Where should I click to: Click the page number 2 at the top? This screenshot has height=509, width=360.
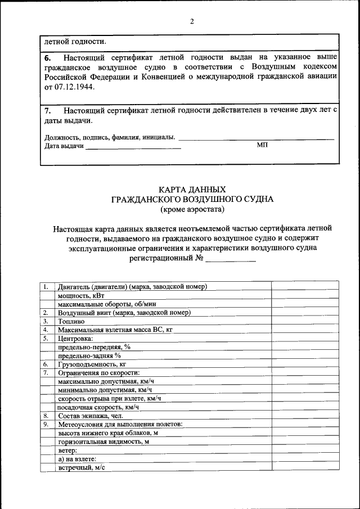(x=192, y=22)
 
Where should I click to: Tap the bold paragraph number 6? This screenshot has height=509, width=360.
(x=47, y=57)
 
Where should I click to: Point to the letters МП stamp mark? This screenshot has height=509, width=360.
(x=263, y=145)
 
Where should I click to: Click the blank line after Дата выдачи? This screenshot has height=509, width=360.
(x=133, y=147)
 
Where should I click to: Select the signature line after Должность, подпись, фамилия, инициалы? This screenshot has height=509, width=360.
(x=256, y=138)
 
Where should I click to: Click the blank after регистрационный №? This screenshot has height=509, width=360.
(x=231, y=259)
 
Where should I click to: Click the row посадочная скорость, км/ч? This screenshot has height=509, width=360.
(x=98, y=407)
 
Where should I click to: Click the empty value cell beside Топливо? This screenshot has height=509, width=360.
(x=305, y=321)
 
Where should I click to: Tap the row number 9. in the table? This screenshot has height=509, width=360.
(x=45, y=425)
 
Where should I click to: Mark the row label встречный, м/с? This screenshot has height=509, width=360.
(x=82, y=467)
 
